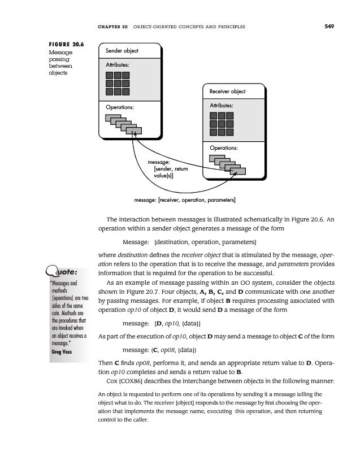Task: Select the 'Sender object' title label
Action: (x=122, y=51)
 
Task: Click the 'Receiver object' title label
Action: (x=227, y=92)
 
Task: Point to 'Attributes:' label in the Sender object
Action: (x=118, y=66)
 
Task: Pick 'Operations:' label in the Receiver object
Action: (x=224, y=148)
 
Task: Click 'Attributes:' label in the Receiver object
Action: (x=222, y=105)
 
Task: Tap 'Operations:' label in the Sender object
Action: (x=119, y=107)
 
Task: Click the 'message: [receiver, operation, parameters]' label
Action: (x=185, y=199)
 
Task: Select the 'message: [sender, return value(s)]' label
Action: (x=167, y=169)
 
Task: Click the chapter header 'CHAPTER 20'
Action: (x=113, y=26)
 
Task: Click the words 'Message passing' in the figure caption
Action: (x=59, y=56)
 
